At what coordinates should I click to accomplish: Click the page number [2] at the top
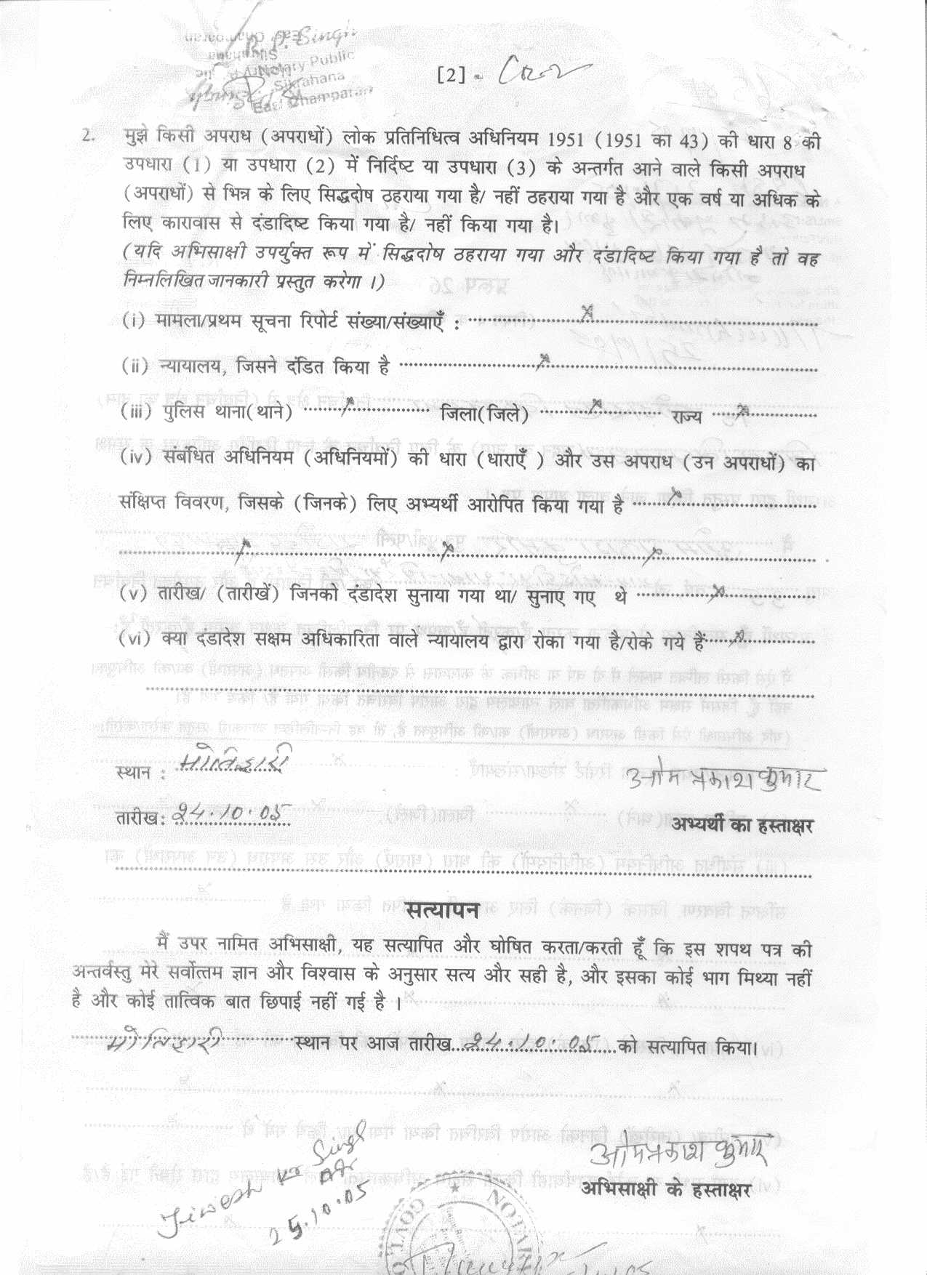[451, 75]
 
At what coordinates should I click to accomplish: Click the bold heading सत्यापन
[442, 909]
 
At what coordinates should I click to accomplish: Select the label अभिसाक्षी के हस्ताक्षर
[665, 1189]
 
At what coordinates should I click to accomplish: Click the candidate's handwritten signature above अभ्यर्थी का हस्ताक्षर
[724, 779]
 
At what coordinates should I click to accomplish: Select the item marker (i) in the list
[133, 320]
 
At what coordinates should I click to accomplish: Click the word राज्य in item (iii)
[686, 417]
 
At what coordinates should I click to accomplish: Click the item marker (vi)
[135, 639]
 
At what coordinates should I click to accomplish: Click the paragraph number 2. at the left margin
[88, 137]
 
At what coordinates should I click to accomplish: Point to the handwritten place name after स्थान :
[234, 759]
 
